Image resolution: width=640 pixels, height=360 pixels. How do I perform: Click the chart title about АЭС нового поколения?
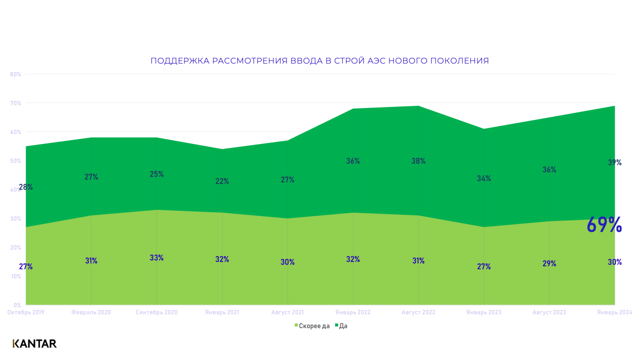(x=319, y=61)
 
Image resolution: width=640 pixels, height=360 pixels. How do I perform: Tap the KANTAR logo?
(x=34, y=343)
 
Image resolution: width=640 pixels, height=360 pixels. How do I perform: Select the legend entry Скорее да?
(x=312, y=326)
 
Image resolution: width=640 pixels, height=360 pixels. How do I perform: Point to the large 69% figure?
(x=604, y=225)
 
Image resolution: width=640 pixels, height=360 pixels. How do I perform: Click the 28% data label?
(x=26, y=187)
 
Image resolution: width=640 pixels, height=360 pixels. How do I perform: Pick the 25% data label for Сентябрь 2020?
(x=156, y=174)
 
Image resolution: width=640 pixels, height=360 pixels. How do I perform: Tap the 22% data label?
(x=222, y=181)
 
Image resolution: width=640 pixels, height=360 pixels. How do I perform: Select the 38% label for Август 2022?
(x=418, y=161)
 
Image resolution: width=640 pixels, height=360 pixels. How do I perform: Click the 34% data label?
(x=484, y=178)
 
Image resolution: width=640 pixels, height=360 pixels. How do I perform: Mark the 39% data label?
(x=614, y=162)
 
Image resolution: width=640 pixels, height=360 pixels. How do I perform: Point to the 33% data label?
(x=156, y=258)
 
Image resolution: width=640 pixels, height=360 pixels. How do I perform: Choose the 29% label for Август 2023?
(x=549, y=263)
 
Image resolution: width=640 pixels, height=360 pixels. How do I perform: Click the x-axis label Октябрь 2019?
(x=26, y=312)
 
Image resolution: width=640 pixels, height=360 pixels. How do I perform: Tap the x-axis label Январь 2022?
(x=353, y=312)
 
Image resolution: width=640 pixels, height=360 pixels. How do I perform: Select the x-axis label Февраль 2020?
(x=91, y=312)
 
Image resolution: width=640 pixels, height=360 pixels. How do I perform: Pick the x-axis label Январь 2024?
(x=614, y=312)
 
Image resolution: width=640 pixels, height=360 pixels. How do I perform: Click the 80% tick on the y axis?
(x=15, y=74)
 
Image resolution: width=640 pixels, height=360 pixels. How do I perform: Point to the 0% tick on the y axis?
(x=17, y=305)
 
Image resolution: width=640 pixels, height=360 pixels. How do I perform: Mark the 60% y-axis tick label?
(x=15, y=132)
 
